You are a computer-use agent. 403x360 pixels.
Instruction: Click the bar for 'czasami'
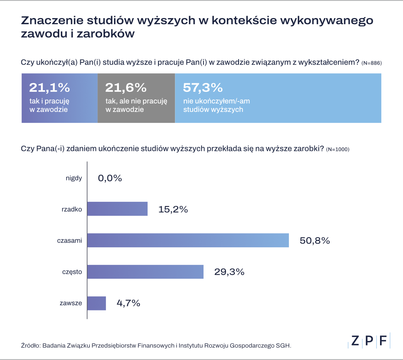[x=188, y=240]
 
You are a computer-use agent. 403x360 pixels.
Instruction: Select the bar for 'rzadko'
[x=117, y=209]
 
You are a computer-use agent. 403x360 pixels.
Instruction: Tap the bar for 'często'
[x=145, y=272]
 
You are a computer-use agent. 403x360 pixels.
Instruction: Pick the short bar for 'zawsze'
[x=97, y=303]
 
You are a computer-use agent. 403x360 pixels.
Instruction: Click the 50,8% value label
[x=315, y=241]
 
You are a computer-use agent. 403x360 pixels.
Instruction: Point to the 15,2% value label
[x=173, y=209]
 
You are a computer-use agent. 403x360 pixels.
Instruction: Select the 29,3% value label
[x=229, y=272]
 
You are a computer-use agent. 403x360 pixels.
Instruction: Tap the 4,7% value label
[x=128, y=303]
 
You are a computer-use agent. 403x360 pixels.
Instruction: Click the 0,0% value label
[x=110, y=178]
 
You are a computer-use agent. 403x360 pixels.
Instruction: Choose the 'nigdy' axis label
[x=74, y=178]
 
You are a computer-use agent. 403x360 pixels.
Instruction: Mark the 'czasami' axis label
[x=69, y=241]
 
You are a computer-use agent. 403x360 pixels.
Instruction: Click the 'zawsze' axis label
[x=71, y=304]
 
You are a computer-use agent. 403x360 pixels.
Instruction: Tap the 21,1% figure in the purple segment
[x=49, y=87]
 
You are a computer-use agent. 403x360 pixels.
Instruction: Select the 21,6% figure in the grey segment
[x=125, y=87]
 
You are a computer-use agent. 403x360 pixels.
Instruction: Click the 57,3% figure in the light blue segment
[x=203, y=87]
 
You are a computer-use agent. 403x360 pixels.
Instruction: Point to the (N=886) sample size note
[x=371, y=63]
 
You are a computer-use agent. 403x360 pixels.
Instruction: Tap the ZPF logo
[x=369, y=341]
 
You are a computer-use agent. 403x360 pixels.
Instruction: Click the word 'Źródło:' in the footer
[x=30, y=346]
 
